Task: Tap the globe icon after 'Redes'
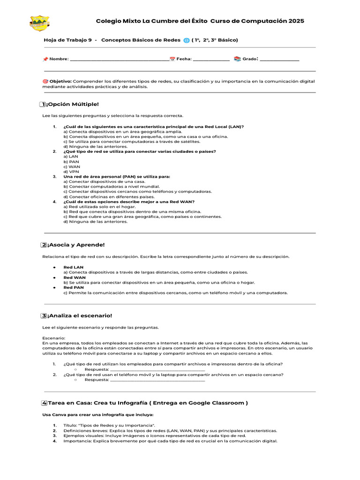tap(187, 40)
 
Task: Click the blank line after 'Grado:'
tap(279, 60)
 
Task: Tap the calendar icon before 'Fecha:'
tap(172, 59)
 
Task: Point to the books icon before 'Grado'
tap(237, 59)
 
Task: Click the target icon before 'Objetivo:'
tap(45, 81)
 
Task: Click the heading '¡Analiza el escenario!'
tap(79, 315)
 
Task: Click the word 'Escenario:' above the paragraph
tap(54, 338)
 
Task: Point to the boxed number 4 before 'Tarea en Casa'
tap(44, 403)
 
